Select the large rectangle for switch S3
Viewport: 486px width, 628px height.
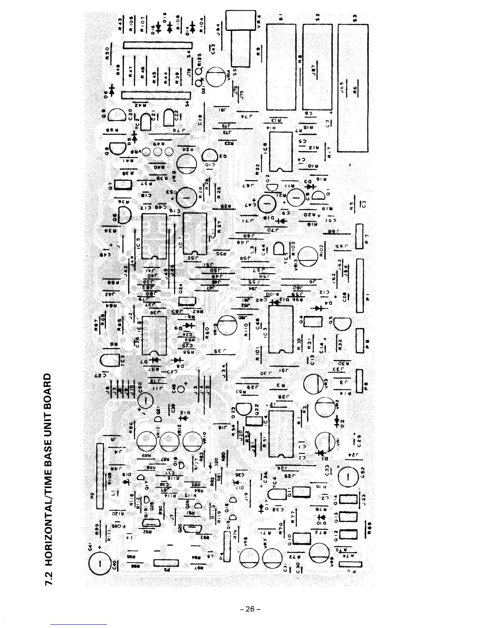tap(353, 88)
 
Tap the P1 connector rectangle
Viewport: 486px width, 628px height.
tap(360, 285)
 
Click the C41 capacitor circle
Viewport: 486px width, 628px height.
tap(100, 563)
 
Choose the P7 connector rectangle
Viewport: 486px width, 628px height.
tap(360, 236)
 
